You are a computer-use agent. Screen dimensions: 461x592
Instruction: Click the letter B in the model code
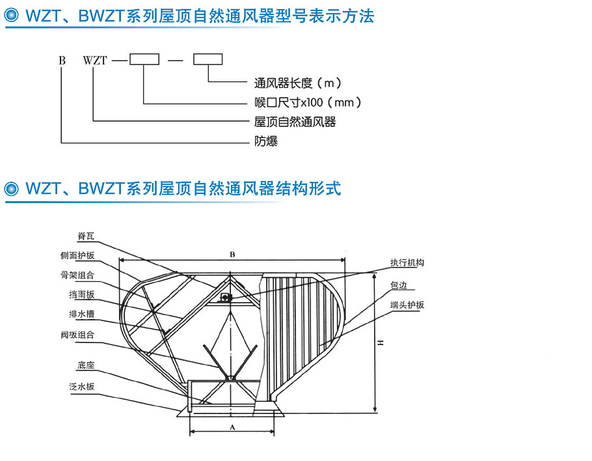(62, 61)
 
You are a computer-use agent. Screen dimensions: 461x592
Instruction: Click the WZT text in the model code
(95, 61)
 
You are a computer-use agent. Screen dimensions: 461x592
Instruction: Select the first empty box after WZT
(144, 60)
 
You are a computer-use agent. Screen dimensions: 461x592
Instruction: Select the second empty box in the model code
(208, 60)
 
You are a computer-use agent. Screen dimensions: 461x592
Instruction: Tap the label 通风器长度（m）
(297, 83)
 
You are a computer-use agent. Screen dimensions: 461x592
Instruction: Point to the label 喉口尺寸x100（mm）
(307, 102)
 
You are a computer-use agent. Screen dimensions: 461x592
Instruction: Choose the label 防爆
(265, 141)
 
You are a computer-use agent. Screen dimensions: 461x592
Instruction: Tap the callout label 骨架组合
(81, 275)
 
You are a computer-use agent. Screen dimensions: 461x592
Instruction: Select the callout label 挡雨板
(81, 294)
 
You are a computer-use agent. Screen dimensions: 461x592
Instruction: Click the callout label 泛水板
(81, 386)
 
